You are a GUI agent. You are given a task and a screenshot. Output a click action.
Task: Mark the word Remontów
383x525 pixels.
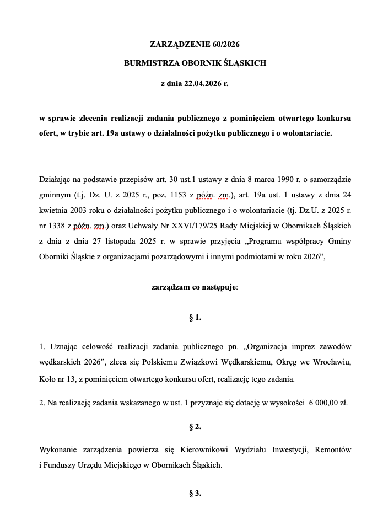point(332,449)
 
